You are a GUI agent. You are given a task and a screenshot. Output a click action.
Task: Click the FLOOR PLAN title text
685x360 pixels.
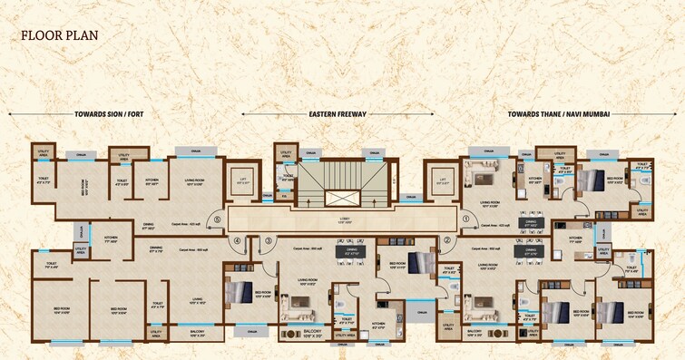tap(60, 36)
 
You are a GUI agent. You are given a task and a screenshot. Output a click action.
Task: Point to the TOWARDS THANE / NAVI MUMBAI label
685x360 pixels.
tap(558, 115)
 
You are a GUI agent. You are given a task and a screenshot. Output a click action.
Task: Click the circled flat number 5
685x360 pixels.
tap(216, 219)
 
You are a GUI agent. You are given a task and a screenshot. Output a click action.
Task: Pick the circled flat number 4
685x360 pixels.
tap(237, 241)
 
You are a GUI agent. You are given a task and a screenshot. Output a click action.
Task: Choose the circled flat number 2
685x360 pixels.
tap(446, 241)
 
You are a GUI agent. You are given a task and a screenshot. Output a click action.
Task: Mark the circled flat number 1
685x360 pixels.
tap(466, 219)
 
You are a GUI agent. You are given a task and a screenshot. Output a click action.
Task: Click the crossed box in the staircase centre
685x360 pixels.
tap(342, 196)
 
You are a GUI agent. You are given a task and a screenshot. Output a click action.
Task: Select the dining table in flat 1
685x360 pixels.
tap(529, 221)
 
